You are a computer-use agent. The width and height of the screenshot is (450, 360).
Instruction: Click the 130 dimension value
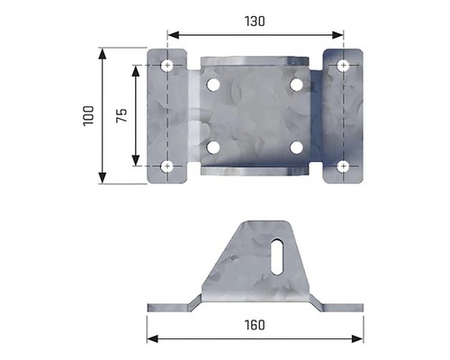pos(255,22)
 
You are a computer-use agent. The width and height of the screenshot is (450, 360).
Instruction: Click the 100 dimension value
pos(89,116)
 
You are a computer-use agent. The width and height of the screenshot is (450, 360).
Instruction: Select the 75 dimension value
pos(121,115)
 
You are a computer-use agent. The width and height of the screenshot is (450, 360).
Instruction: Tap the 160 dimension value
pos(255,325)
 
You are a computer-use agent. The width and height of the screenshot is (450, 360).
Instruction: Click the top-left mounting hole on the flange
pos(167,65)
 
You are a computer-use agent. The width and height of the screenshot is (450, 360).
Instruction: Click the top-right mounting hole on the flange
pos(343,66)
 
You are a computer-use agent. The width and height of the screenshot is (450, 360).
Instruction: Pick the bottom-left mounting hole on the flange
pos(167,166)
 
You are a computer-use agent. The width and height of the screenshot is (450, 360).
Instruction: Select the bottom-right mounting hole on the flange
pos(343,166)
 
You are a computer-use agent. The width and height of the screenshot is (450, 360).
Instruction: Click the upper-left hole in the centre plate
pos(213,85)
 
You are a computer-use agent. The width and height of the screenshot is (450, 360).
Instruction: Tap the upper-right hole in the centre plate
pos(296,85)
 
